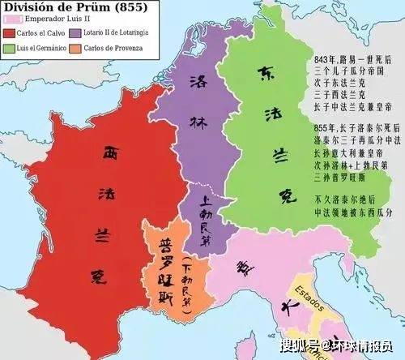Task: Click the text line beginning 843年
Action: (347, 61)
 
